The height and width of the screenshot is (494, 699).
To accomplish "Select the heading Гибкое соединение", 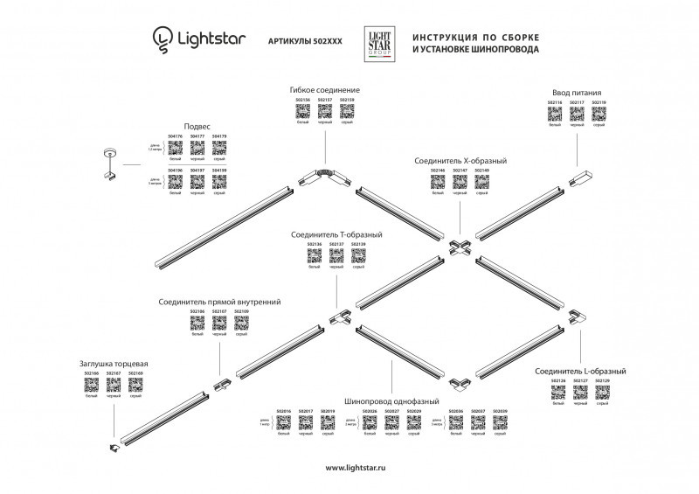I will coord(324,91).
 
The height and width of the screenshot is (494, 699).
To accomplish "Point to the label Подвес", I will coord(197,126).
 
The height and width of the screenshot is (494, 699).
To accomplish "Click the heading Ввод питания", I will coord(576,92).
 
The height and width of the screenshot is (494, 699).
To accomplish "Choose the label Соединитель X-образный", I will coord(460,161).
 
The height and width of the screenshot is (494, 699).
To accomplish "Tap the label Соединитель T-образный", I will coord(337,234).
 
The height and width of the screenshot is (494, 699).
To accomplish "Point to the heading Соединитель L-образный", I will coord(579,372).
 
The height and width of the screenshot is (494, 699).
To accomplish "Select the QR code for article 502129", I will coord(602,393).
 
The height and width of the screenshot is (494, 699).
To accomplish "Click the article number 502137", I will coord(336,245).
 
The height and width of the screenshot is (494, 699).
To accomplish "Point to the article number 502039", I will coord(500,411).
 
